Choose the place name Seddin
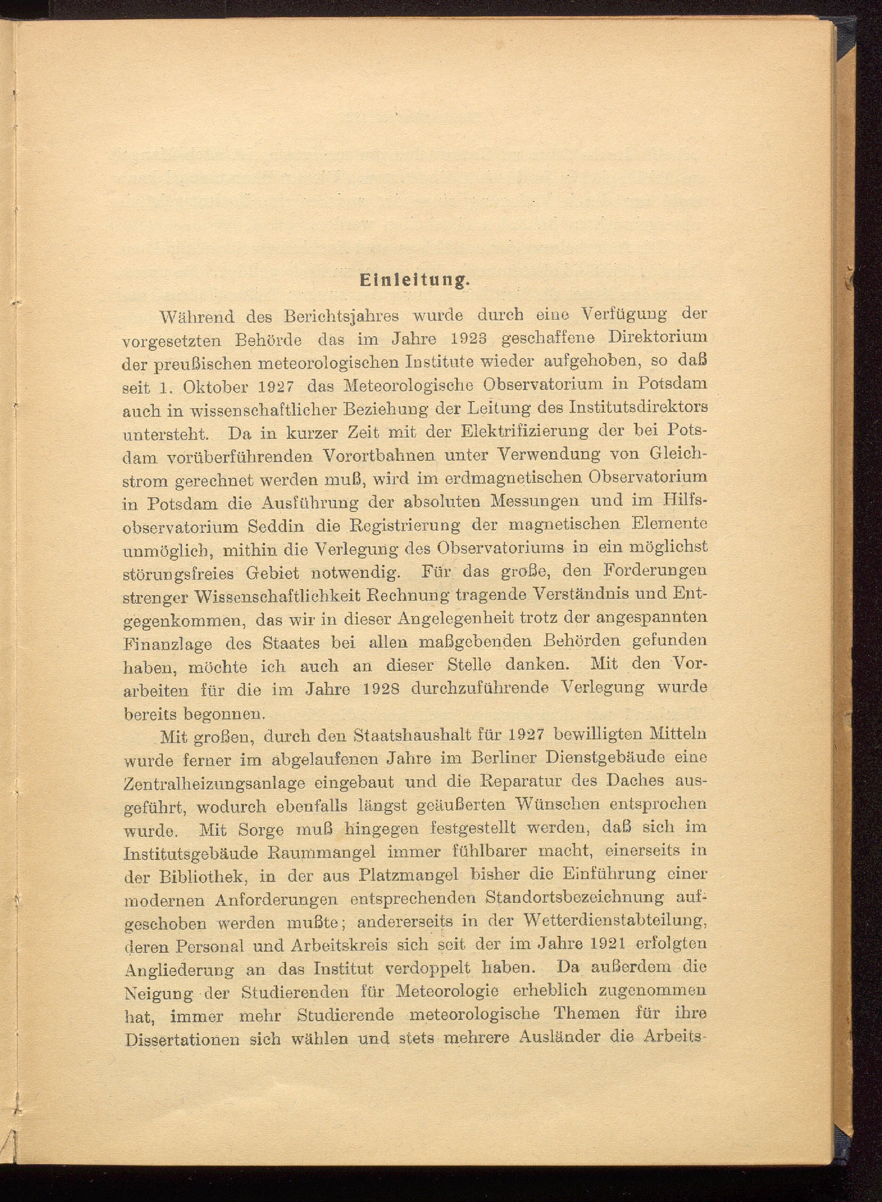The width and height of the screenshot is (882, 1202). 276,526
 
